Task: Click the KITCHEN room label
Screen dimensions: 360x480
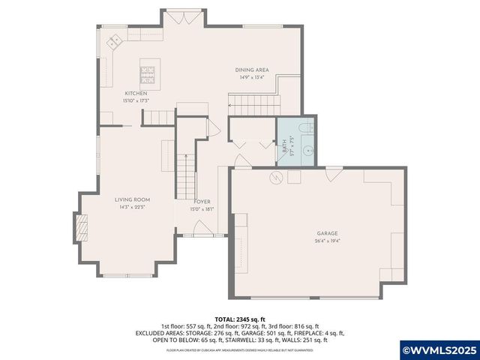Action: [136, 94]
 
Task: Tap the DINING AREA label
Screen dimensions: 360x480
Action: [252, 70]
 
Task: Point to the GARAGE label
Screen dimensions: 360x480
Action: [325, 234]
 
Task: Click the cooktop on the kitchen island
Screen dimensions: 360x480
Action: [146, 76]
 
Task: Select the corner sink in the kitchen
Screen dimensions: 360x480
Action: [115, 41]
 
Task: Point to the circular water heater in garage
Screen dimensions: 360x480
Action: [276, 178]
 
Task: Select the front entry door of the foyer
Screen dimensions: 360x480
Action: [195, 237]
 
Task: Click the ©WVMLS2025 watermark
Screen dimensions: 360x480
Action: [439, 350]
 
